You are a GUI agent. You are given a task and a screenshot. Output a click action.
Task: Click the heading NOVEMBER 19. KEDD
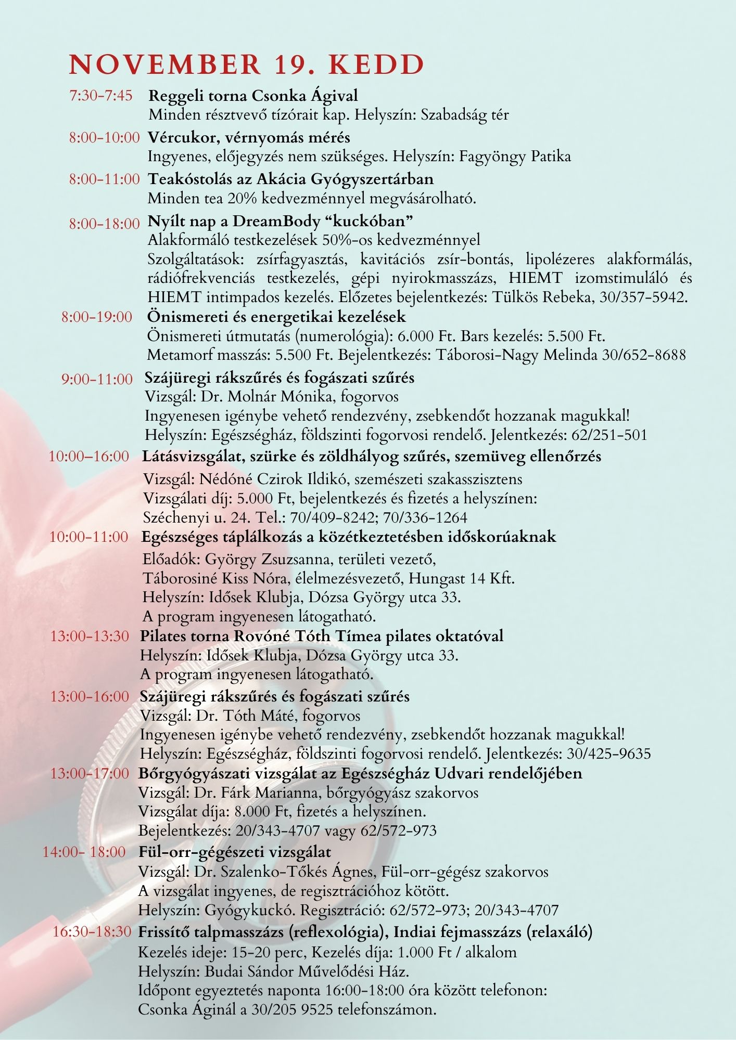point(247,64)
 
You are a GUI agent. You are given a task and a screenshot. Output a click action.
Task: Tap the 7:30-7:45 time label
point(100,96)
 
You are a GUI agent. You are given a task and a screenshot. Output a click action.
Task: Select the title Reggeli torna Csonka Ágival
point(253,96)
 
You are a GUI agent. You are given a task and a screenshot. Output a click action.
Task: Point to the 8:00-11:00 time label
point(104,179)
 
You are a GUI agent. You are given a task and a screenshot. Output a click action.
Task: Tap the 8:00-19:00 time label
point(97,317)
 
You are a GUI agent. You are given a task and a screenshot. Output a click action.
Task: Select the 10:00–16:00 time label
point(89,457)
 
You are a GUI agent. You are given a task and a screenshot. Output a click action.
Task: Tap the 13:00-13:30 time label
point(90,636)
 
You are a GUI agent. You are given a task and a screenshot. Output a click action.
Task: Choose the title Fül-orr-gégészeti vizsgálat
point(234,852)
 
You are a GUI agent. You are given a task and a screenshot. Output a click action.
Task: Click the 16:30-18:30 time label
point(92,932)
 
